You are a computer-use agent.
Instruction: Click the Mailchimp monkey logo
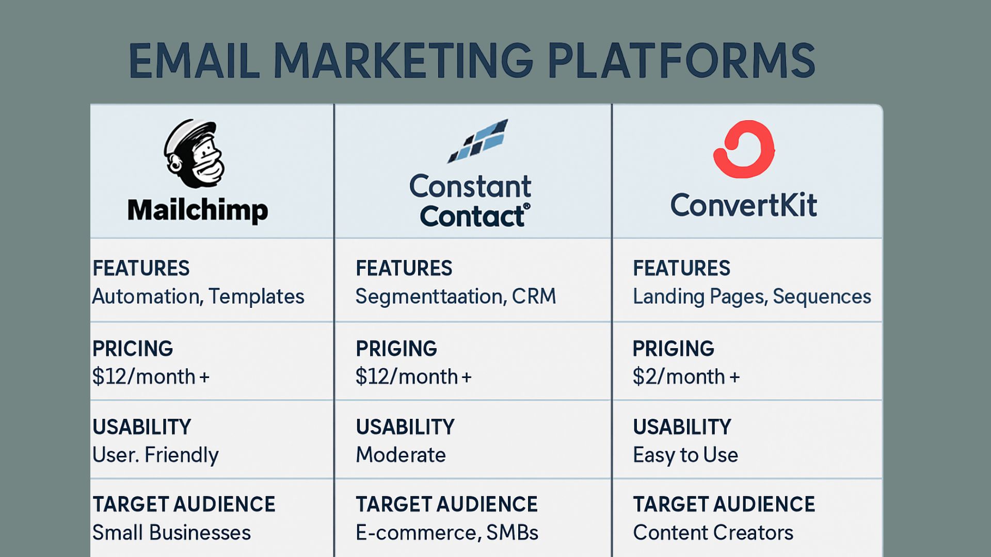195,154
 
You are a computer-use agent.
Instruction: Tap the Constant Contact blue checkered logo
477,141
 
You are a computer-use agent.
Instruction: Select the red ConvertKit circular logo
744,149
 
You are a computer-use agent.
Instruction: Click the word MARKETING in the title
403,61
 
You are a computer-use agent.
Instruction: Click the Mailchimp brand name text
198,210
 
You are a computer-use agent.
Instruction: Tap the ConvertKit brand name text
744,205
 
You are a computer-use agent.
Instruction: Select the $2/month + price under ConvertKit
686,377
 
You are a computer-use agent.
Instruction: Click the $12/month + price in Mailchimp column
151,377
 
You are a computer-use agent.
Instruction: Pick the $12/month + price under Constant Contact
413,377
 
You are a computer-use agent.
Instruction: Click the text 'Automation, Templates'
198,297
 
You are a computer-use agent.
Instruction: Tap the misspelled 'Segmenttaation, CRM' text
456,297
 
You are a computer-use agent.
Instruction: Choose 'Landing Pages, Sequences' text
752,297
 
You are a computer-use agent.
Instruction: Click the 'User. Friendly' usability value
155,455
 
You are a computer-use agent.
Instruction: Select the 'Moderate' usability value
401,455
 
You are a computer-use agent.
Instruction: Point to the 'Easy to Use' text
685,455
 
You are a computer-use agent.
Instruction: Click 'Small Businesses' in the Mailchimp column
171,533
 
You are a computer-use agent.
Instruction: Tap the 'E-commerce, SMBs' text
447,533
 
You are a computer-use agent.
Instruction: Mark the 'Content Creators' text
713,533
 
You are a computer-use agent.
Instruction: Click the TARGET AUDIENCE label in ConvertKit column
724,504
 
